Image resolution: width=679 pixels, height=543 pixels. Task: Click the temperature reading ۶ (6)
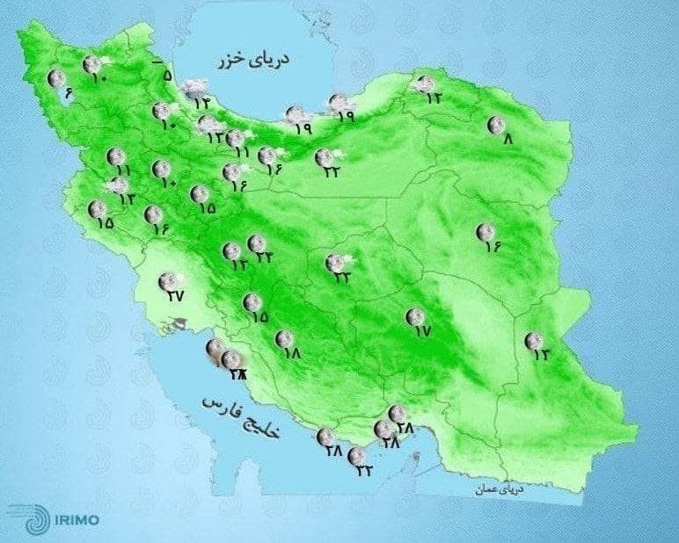69,93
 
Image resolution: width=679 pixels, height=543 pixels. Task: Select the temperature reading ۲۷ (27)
176,295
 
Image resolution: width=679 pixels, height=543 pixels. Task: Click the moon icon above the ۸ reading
496,125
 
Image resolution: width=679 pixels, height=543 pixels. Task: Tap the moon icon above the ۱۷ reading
413,316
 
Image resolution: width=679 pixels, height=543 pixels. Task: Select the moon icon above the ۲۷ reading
166,281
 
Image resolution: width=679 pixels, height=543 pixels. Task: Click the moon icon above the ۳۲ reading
356,456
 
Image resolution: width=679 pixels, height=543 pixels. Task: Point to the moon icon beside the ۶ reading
56,79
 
